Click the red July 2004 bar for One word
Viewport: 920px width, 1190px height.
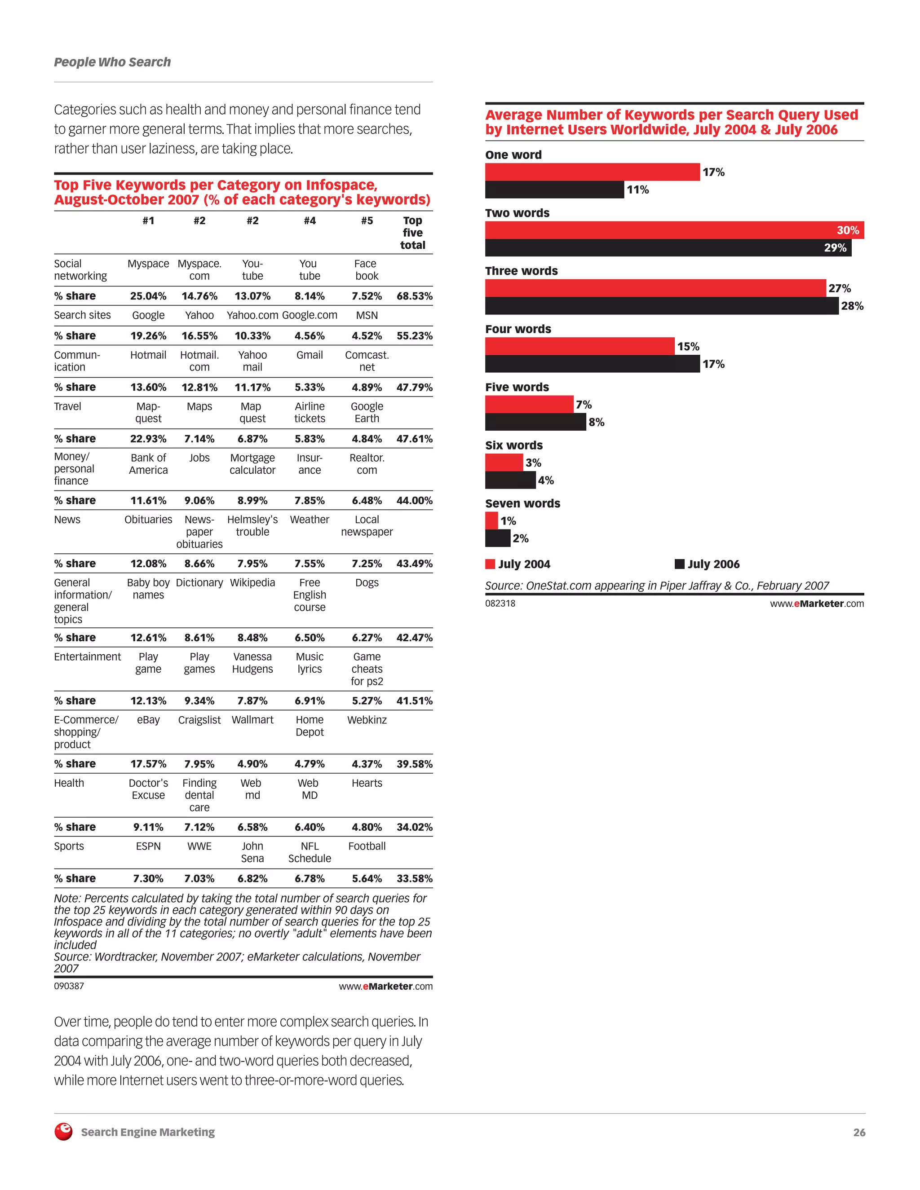coord(592,172)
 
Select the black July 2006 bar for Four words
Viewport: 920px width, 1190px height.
coord(592,364)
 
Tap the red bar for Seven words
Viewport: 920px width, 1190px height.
coord(491,520)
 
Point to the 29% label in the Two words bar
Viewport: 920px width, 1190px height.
coord(835,248)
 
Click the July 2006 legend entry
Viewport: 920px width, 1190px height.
coord(707,564)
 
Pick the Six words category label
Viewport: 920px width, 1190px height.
coord(513,445)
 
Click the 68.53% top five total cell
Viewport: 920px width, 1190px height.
coord(414,296)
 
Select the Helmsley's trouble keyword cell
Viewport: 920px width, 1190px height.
coord(252,526)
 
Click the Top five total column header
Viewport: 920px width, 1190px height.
coord(412,233)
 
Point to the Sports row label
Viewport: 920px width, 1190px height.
coord(69,846)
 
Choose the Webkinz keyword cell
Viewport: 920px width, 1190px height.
coord(367,720)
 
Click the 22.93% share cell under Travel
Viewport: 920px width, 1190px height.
coord(148,439)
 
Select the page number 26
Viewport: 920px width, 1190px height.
coord(859,1132)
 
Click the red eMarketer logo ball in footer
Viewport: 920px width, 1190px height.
coord(64,1132)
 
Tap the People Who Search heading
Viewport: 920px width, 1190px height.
coord(112,62)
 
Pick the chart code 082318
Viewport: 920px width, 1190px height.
coord(500,603)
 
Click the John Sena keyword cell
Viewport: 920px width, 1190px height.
coord(252,852)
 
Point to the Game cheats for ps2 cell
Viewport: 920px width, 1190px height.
coord(367,669)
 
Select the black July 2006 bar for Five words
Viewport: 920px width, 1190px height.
coord(535,422)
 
